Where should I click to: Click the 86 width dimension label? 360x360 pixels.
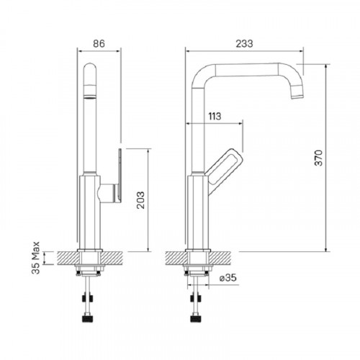pyautogui.click(x=99, y=44)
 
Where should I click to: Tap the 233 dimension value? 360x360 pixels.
pyautogui.click(x=244, y=44)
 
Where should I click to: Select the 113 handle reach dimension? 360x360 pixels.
pyautogui.click(x=215, y=117)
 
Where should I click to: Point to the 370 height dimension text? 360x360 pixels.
pyautogui.click(x=319, y=158)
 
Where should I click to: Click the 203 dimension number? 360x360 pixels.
pyautogui.click(x=140, y=200)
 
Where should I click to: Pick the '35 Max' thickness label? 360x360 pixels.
pyautogui.click(x=36, y=258)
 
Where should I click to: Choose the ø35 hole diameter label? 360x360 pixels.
pyautogui.click(x=228, y=278)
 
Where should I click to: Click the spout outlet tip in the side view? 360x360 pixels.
pyautogui.click(x=297, y=96)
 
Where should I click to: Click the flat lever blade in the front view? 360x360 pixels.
pyautogui.click(x=120, y=175)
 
